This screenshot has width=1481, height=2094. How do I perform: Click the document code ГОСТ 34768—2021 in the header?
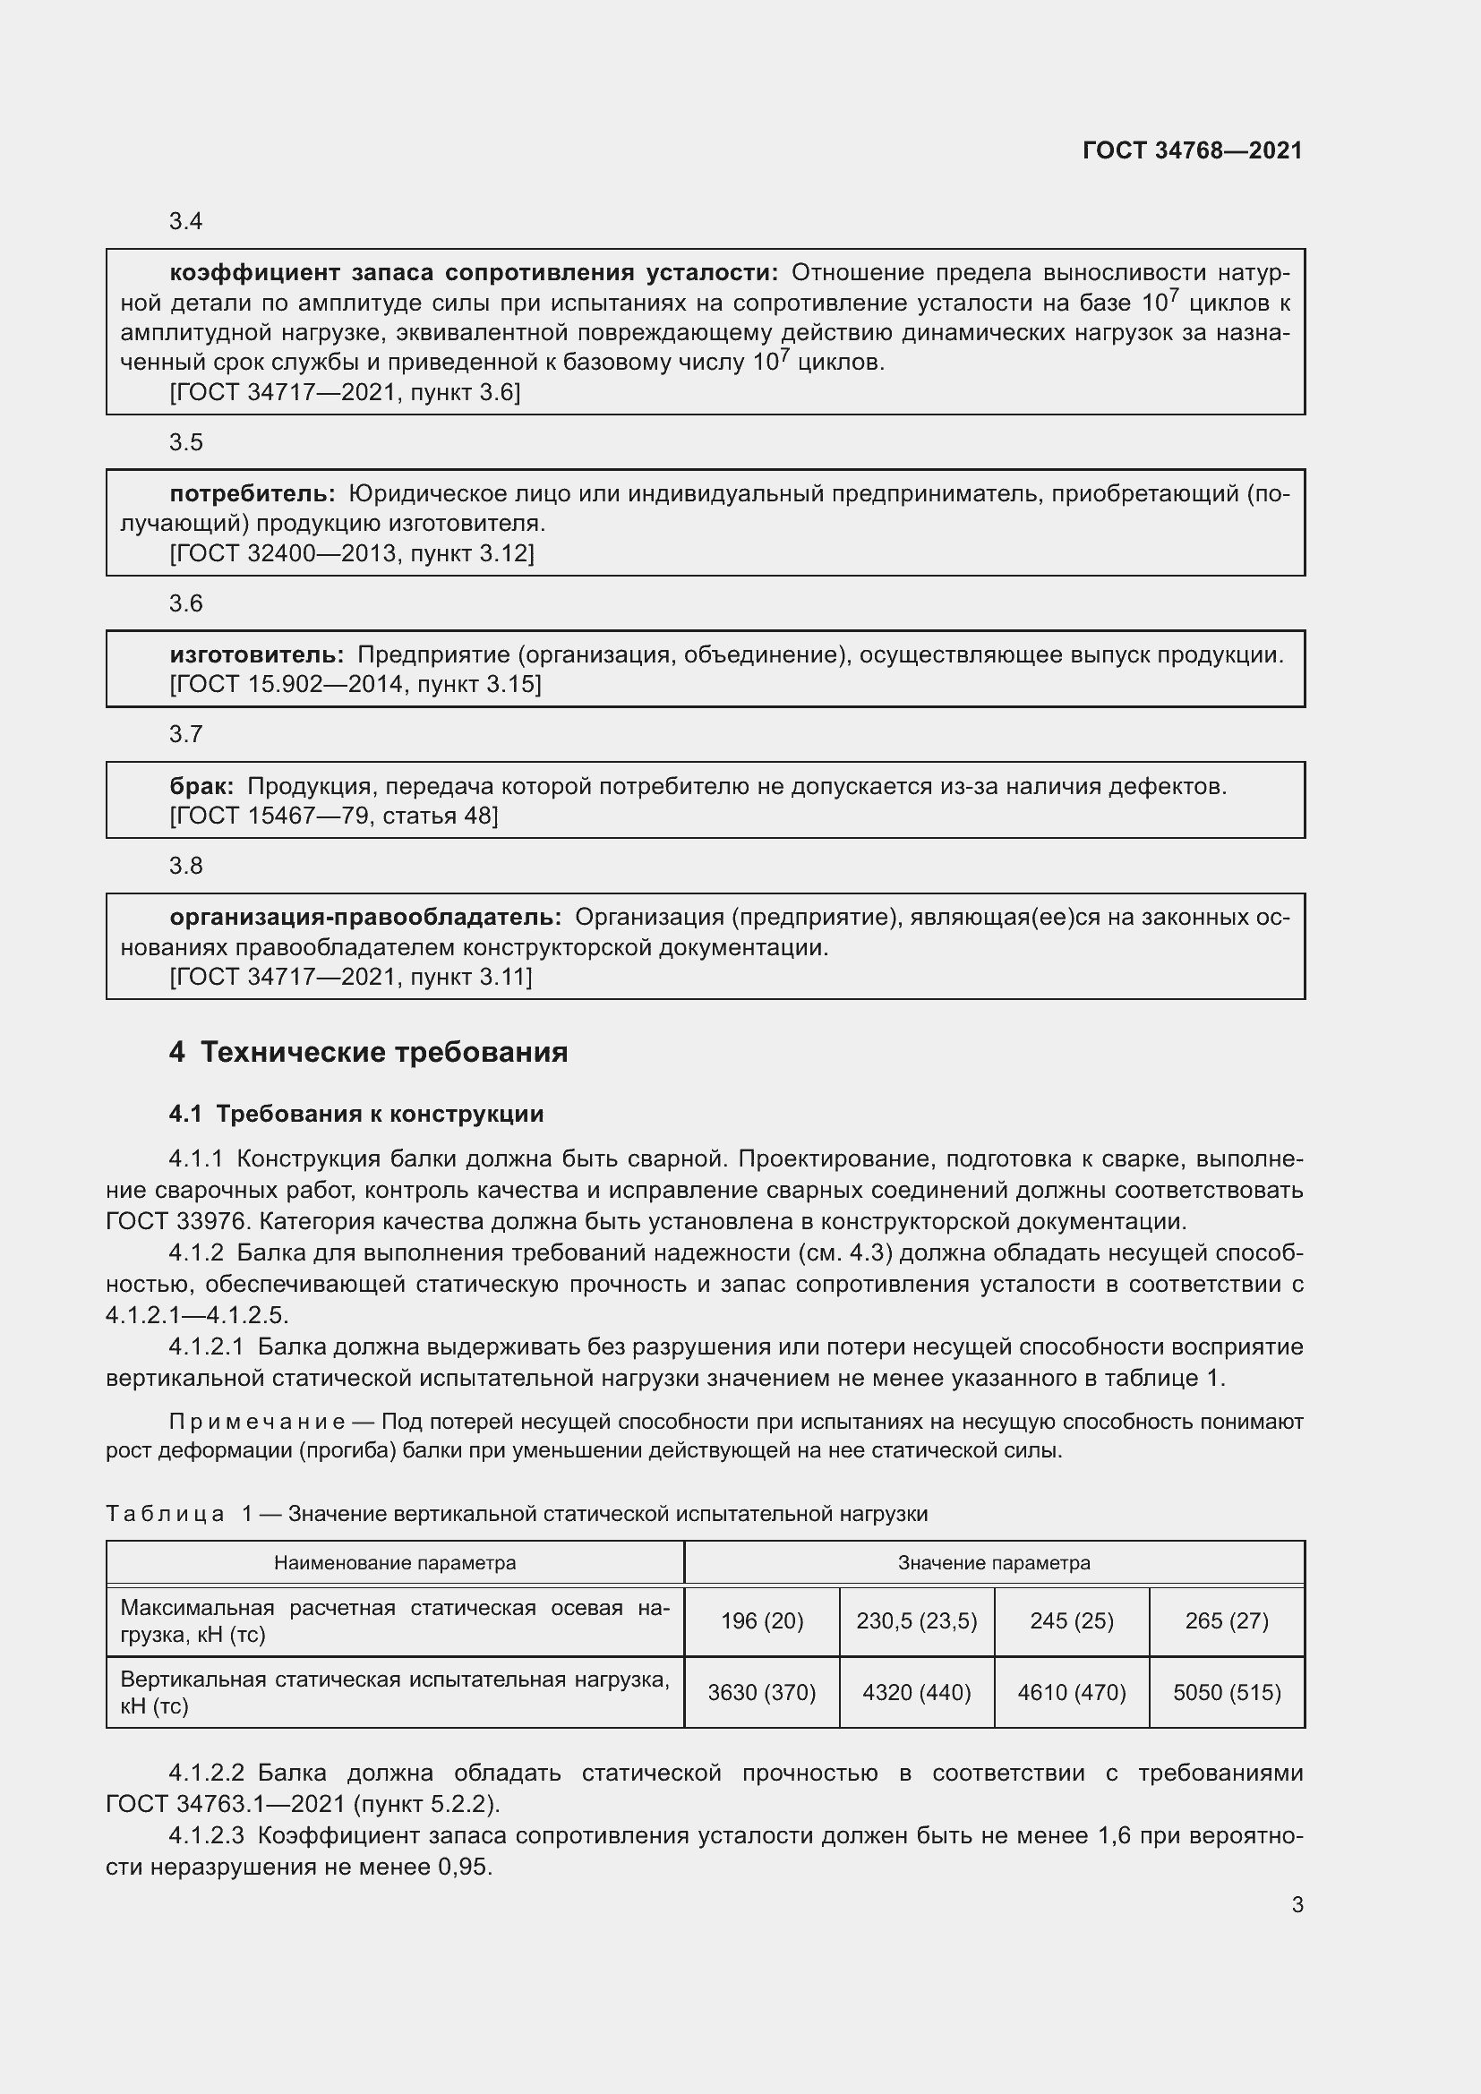[1192, 150]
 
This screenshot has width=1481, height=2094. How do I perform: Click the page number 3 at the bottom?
[1297, 1904]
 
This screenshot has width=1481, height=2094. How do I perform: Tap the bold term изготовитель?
[256, 654]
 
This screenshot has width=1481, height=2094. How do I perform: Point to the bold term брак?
[201, 785]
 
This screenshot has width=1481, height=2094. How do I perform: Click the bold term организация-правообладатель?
[365, 917]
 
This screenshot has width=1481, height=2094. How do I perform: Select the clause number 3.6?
[186, 603]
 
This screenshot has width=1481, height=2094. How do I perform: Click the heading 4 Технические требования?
[368, 1052]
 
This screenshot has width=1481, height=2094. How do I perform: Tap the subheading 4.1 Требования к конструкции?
[356, 1114]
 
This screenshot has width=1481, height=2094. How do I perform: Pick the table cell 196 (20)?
[761, 1620]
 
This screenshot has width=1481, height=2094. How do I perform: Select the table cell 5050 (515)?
[1227, 1693]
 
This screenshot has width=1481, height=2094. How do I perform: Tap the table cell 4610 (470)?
[1072, 1693]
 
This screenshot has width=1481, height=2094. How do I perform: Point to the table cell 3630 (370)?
[761, 1693]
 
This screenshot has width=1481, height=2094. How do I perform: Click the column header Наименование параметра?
[395, 1562]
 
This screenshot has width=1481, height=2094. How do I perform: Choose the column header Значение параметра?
[994, 1562]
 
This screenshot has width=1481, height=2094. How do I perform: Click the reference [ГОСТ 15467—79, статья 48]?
[334, 816]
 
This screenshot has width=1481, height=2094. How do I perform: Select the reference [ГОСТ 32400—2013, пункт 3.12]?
[352, 552]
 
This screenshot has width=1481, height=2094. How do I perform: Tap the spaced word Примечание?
[257, 1422]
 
